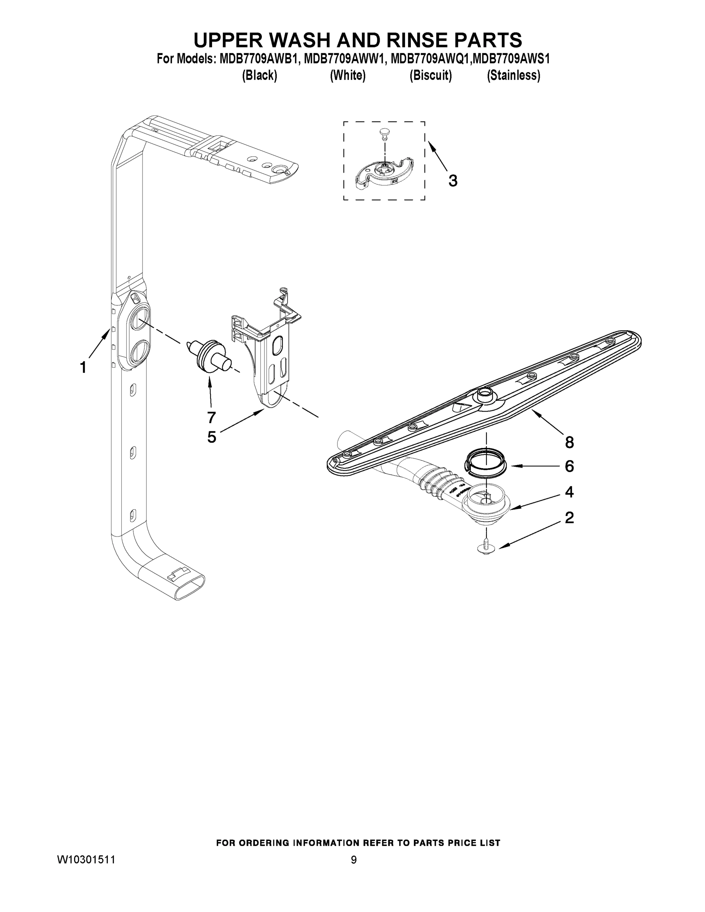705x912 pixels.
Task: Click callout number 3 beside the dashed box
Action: coord(453,181)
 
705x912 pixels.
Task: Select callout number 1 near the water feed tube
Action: coord(83,367)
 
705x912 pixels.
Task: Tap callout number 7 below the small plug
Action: coord(211,417)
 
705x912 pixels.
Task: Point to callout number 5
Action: coord(212,437)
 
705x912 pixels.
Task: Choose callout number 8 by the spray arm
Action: coord(569,442)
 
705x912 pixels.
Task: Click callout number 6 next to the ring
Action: coord(569,466)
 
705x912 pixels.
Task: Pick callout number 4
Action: coord(569,492)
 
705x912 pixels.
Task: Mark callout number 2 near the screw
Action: coord(569,518)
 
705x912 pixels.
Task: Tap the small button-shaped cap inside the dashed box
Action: coord(384,133)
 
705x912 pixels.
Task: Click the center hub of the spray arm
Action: coord(485,393)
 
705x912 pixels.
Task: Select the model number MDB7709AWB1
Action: coord(257,59)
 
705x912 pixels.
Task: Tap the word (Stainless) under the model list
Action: coord(513,76)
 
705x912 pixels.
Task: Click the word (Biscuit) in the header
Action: coord(430,76)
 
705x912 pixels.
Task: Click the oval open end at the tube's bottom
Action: coord(189,587)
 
